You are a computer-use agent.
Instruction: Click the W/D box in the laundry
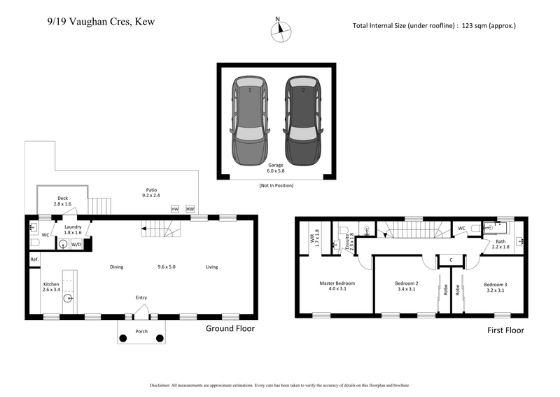coord(76,245)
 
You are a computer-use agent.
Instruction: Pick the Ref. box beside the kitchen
coord(34,260)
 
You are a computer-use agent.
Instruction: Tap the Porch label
coord(141,332)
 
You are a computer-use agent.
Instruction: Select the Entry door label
coord(141,298)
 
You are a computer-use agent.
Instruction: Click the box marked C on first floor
coord(450,260)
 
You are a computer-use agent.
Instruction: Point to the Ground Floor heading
coord(230,328)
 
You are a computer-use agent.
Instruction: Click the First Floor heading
coord(505,330)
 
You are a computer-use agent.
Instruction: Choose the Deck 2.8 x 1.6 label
coord(63,201)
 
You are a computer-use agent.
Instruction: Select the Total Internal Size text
coord(434,26)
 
